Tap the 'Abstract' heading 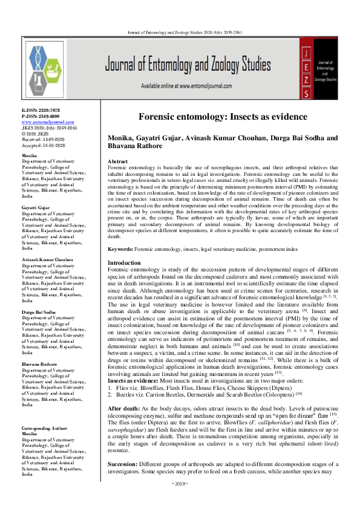(117, 162)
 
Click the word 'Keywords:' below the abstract (120, 248)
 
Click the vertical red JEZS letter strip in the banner (309, 67)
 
